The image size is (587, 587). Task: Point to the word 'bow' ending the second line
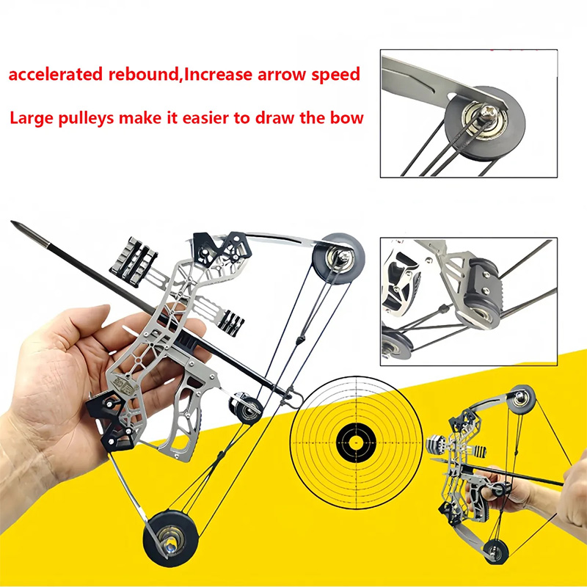348,117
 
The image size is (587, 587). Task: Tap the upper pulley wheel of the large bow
339,256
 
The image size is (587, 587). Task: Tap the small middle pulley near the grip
247,407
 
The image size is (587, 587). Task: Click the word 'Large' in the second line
34,117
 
